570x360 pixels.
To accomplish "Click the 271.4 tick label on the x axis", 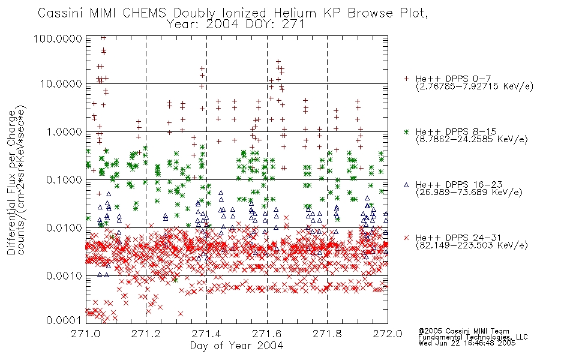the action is coord(206,334).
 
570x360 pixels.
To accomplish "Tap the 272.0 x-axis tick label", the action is coord(388,334).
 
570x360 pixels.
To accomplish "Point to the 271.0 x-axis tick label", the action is coord(86,334).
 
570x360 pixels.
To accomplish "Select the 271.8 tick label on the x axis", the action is coord(327,334).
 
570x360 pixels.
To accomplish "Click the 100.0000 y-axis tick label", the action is coord(58,38).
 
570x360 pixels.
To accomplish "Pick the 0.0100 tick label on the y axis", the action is coord(64,228).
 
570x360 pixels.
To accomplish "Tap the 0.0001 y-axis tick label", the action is coord(64,320).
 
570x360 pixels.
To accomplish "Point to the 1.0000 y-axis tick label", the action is coord(64,132).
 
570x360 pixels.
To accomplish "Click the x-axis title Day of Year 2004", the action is coord(236,346).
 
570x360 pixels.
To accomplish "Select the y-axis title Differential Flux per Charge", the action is coord(11,182).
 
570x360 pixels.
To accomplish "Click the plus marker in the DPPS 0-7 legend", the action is coord(406,79).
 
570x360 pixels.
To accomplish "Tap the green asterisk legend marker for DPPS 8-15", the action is coord(406,132).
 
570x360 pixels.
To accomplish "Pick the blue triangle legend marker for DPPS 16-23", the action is coord(406,185).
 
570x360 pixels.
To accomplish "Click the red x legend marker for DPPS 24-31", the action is coord(406,238).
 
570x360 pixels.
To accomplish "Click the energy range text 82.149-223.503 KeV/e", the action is coord(472,245).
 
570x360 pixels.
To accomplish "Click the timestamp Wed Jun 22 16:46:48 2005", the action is coord(467,343).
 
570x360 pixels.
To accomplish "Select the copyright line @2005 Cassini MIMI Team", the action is coord(463,331).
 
